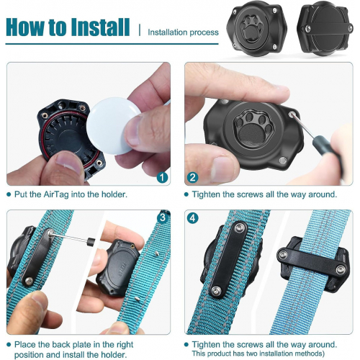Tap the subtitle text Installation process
tap(183, 32)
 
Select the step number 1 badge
tap(162, 178)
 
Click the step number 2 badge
tap(193, 178)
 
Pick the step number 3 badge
tap(163, 217)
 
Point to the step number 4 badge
tap(193, 218)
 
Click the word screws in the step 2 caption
tap(251, 194)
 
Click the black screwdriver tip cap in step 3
tap(91, 242)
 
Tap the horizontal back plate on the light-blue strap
tap(312, 262)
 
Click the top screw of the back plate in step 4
tap(239, 228)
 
